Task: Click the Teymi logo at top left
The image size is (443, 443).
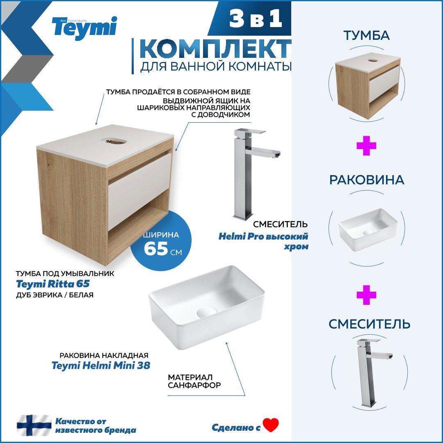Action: coord(84,27)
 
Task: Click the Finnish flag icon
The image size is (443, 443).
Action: coord(34,425)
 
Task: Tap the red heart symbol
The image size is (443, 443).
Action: coord(271,425)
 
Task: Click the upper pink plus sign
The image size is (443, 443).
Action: coord(366,147)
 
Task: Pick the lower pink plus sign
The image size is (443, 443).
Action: coord(366,295)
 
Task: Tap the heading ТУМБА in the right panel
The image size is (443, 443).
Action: coord(366,35)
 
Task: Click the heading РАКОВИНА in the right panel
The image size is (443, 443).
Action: coord(366,180)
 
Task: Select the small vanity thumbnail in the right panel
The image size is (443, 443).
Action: coord(367,86)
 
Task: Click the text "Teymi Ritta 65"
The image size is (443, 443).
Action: coord(53,284)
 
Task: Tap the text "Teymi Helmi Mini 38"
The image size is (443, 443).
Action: coord(100,365)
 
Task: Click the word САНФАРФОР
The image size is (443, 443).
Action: coord(194,386)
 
